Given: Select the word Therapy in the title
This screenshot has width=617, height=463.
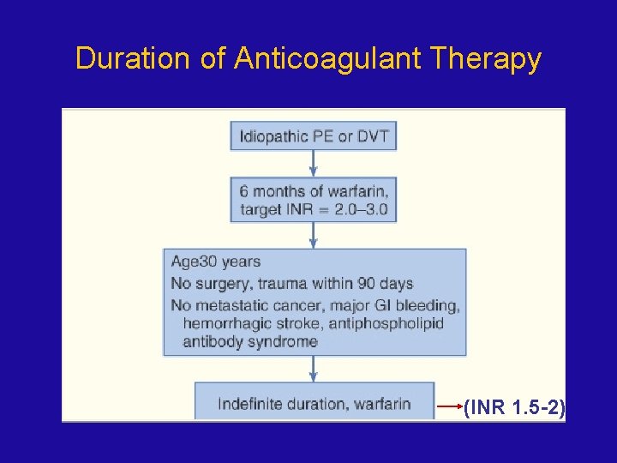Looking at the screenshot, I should point(486,59).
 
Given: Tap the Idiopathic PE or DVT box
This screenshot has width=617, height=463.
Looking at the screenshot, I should point(314,136).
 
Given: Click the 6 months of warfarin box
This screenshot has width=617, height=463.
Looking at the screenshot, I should point(314,199).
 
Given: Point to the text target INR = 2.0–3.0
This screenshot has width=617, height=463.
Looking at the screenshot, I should point(314,210).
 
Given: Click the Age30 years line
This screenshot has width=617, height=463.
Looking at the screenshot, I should point(216,262).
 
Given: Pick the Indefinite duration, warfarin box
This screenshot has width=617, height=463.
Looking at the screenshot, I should point(314,403).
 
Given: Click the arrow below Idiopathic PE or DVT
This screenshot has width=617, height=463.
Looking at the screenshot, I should point(314,163).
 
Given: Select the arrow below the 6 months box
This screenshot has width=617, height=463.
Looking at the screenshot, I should point(314,235).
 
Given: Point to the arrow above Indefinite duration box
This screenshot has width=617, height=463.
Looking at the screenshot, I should point(314,369).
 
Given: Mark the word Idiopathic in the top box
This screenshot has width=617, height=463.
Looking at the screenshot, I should point(272,136).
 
